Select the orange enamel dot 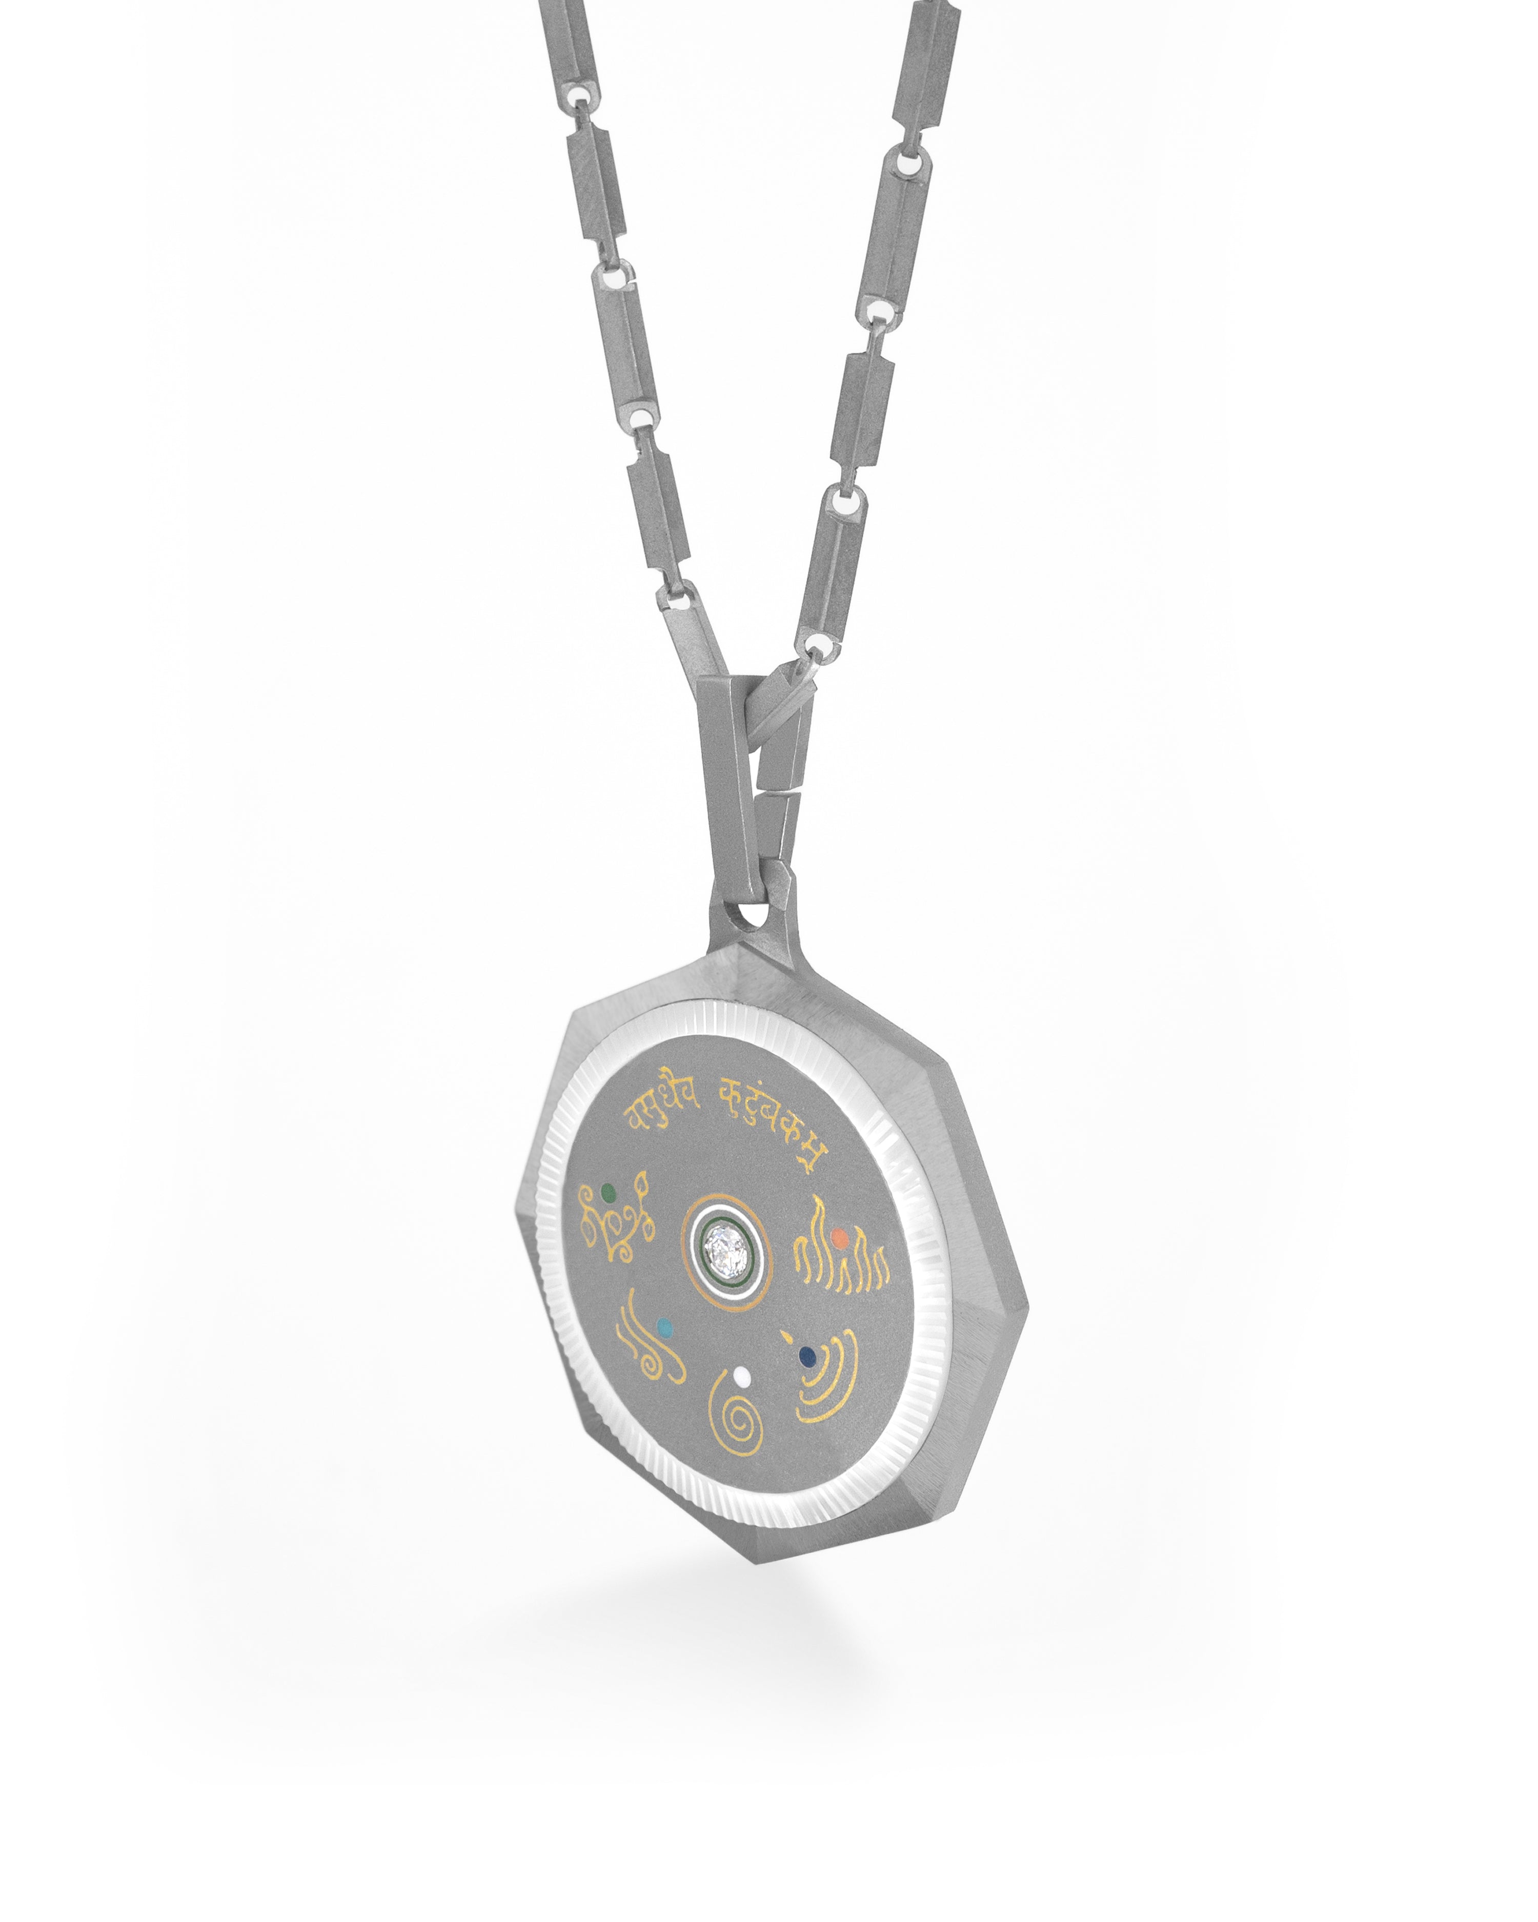click(839, 1238)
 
